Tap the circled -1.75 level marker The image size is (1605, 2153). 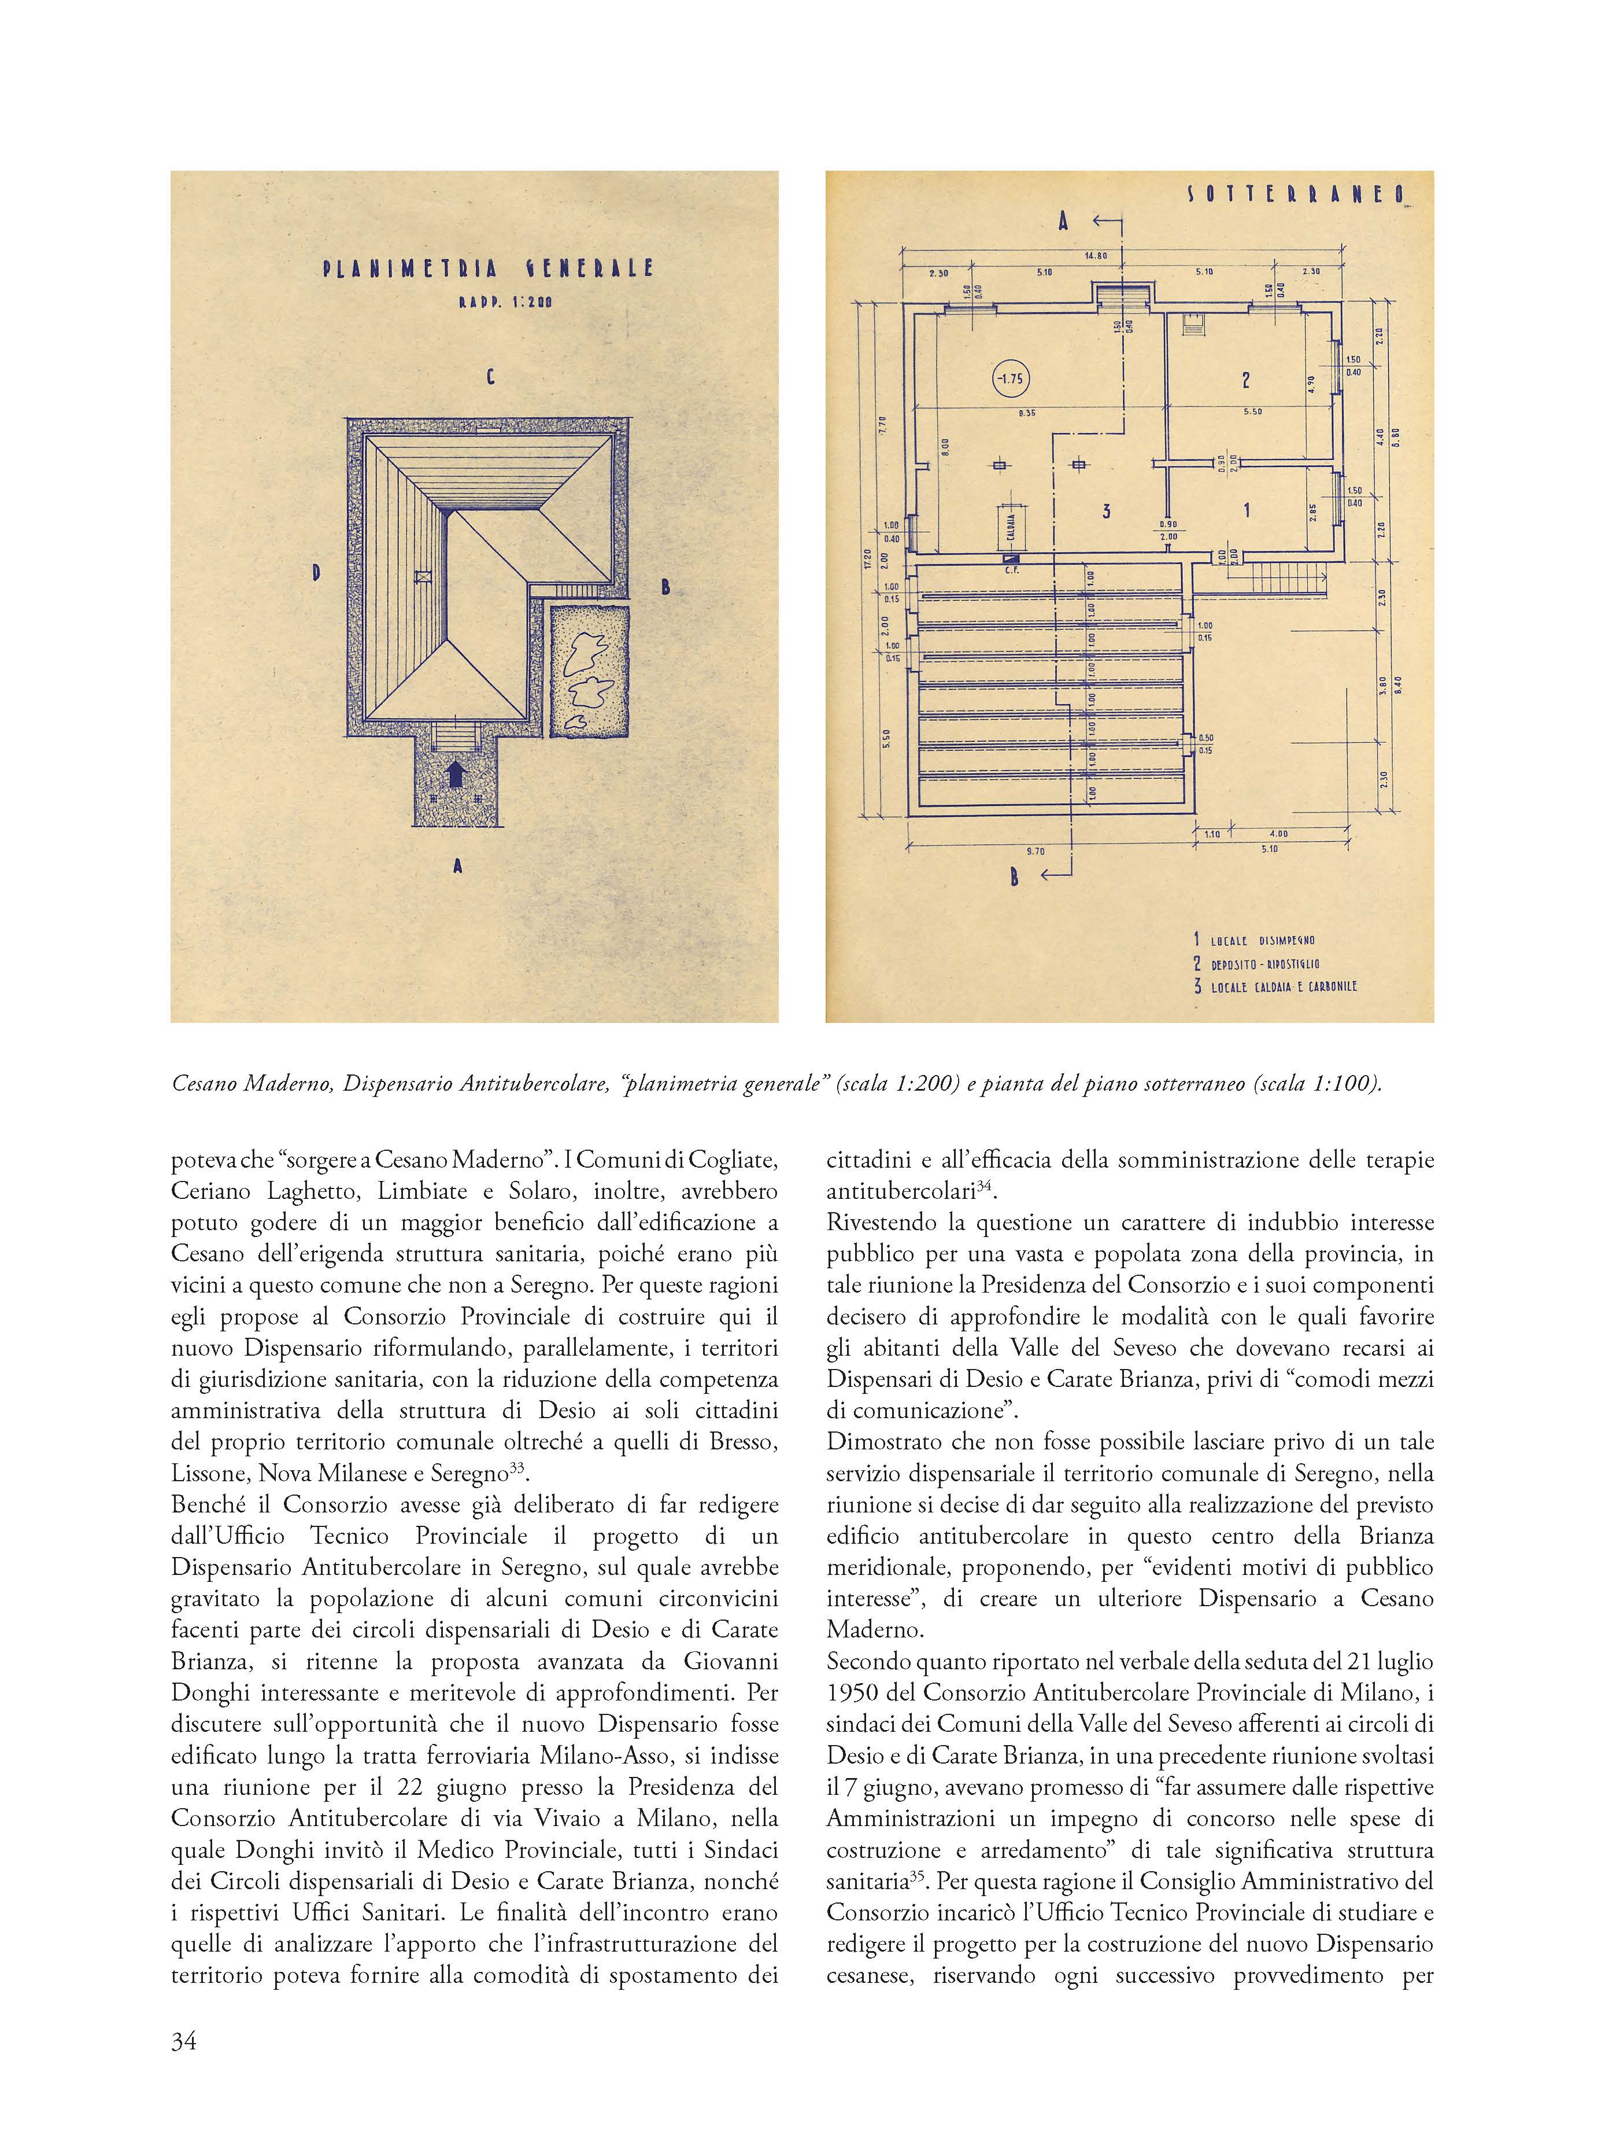pyautogui.click(x=1011, y=378)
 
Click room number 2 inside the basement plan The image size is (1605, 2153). pyautogui.click(x=1245, y=380)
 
